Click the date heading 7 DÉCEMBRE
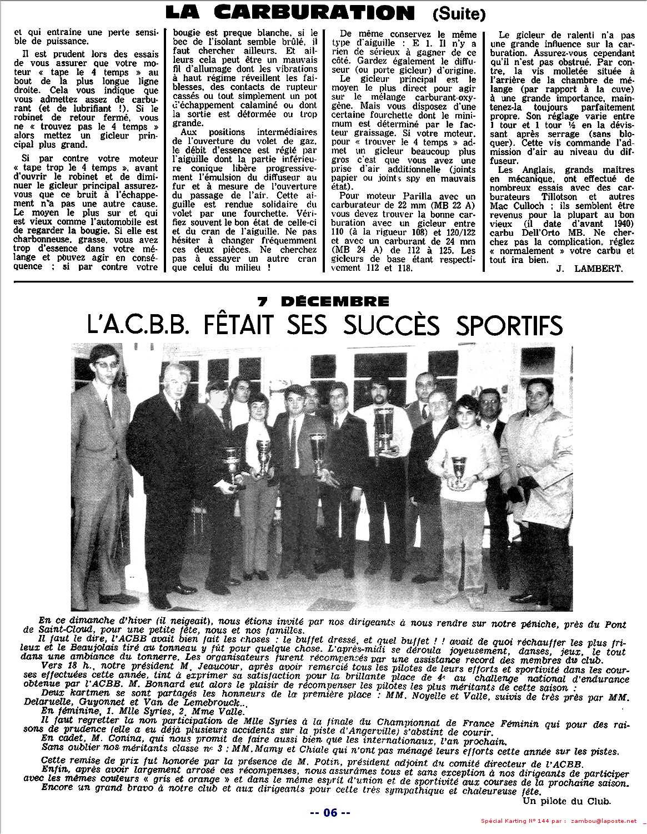323,301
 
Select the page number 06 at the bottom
330,813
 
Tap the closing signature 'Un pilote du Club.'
566,801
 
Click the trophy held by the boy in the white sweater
458,470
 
